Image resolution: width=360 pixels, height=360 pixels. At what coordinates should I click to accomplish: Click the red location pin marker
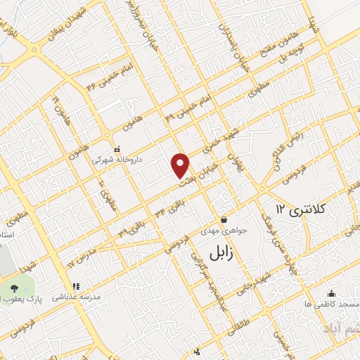point(181,164)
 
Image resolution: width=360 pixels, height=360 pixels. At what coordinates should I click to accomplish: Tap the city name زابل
point(226,252)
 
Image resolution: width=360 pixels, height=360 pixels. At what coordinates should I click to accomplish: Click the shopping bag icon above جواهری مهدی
point(224,219)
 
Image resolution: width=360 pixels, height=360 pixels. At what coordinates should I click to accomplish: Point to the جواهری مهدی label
point(223,230)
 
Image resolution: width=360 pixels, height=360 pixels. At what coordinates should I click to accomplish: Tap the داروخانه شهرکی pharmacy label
point(117,160)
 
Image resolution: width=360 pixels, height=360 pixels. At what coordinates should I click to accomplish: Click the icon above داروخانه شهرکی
point(117,149)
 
